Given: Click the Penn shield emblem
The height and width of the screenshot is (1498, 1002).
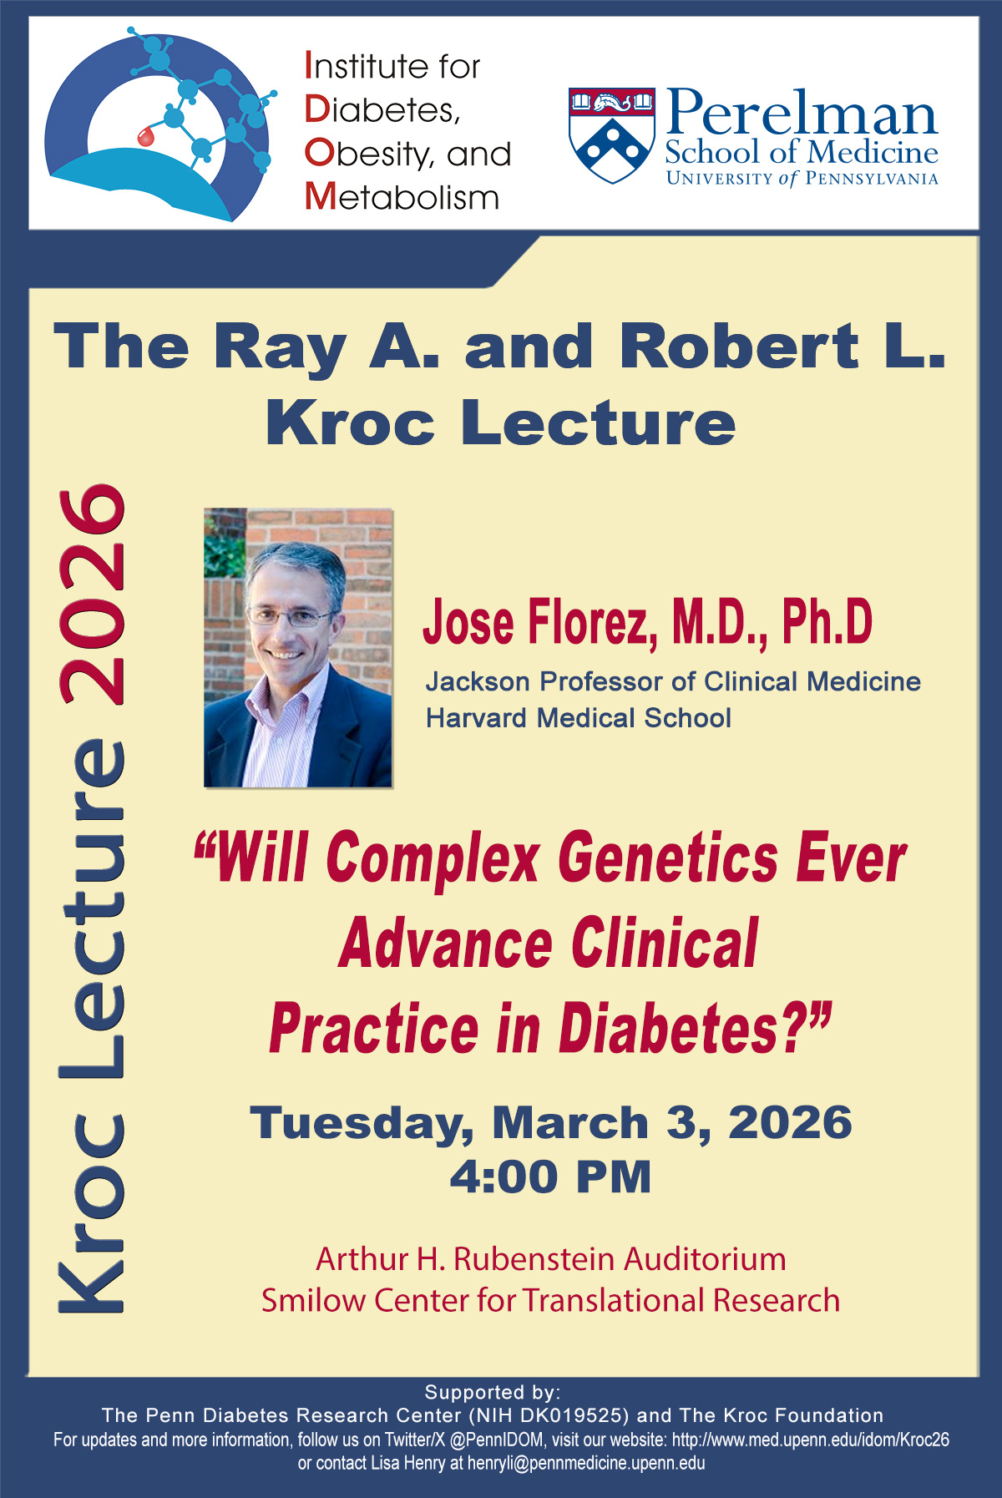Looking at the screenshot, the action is pos(612,134).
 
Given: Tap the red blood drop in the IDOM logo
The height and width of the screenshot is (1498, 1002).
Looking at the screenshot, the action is pos(146,136).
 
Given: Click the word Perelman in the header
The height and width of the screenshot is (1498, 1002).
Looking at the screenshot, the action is pos(802,113).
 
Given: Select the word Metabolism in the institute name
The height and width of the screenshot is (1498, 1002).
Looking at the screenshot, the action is pos(402,197).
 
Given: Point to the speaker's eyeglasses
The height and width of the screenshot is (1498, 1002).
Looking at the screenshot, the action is pos(291,617).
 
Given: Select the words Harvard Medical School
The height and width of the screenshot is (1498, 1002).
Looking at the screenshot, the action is pos(579,718).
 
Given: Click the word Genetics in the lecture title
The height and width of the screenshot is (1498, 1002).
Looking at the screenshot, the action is pos(669,858).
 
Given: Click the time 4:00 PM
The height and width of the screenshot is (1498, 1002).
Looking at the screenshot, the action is pos(550,1177).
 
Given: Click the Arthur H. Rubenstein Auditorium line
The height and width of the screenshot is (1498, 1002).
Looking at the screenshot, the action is pos(551,1259).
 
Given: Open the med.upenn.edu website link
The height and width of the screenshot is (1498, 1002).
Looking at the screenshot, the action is pos(811,1440).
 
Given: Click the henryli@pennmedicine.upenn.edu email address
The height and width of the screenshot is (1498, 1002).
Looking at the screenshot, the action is pos(586,1463).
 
